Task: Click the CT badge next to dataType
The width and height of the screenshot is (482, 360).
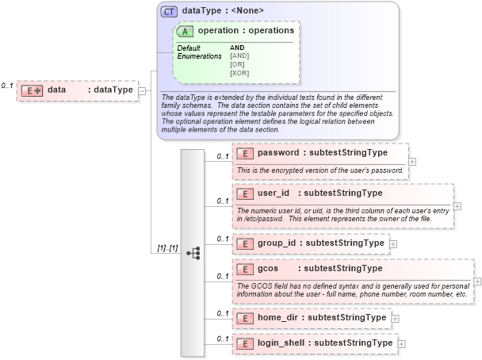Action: pyautogui.click(x=169, y=12)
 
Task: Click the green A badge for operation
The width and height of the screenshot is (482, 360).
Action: pyautogui.click(x=186, y=31)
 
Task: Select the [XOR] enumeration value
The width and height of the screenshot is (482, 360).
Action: pyautogui.click(x=239, y=73)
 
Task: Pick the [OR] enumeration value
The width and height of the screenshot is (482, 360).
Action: pyautogui.click(x=237, y=64)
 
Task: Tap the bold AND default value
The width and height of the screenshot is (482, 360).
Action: pyautogui.click(x=237, y=48)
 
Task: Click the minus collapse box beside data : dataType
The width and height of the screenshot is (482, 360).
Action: pyautogui.click(x=142, y=90)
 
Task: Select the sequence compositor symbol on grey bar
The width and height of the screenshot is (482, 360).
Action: pyautogui.click(x=193, y=253)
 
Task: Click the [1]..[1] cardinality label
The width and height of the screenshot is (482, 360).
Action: pyautogui.click(x=167, y=248)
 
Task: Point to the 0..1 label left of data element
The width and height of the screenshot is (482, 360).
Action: pyautogui.click(x=7, y=85)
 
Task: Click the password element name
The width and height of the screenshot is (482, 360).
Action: pyautogui.click(x=277, y=152)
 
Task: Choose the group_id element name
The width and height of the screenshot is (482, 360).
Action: pyautogui.click(x=277, y=243)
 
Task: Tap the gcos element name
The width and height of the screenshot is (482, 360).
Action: pyautogui.click(x=268, y=268)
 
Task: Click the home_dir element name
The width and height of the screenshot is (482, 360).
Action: pyautogui.click(x=278, y=317)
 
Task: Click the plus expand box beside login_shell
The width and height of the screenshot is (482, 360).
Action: pyautogui.click(x=401, y=344)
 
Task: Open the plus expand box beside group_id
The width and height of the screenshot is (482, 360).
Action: pyautogui.click(x=393, y=243)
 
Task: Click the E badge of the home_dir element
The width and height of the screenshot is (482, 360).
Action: pyautogui.click(x=245, y=318)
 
